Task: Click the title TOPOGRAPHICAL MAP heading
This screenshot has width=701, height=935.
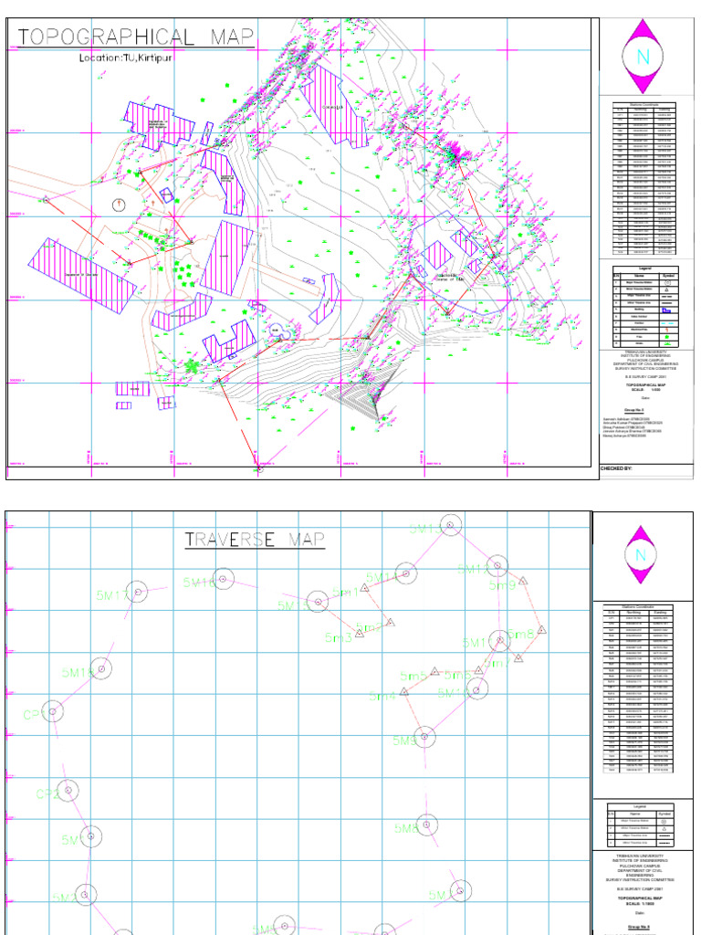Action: pyautogui.click(x=135, y=37)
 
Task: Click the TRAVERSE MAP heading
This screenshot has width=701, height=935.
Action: pyautogui.click(x=255, y=539)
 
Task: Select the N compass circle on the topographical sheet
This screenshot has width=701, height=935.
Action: pyautogui.click(x=643, y=57)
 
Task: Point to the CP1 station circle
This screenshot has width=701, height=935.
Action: pyautogui.click(x=53, y=710)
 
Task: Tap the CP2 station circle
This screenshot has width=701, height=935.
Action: pyautogui.click(x=68, y=790)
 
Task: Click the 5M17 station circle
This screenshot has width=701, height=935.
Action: pyautogui.click(x=137, y=592)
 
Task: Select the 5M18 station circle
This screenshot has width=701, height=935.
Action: pyautogui.click(x=223, y=578)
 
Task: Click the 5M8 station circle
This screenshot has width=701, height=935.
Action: pyautogui.click(x=424, y=825)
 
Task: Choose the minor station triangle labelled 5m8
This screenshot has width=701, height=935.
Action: pyautogui.click(x=541, y=629)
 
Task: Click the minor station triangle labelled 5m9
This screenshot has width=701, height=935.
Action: pyautogui.click(x=524, y=580)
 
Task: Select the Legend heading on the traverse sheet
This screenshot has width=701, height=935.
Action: pyautogui.click(x=640, y=805)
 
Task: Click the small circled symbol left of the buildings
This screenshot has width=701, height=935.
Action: pyautogui.click(x=118, y=204)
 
